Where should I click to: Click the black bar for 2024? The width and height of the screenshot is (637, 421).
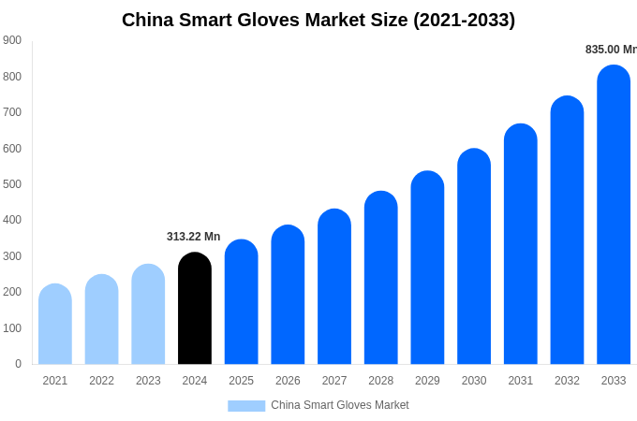(195, 309)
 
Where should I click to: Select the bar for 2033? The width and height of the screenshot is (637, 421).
(614, 215)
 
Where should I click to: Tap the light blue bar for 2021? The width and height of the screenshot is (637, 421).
(55, 325)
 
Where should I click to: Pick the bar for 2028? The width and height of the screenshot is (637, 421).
(380, 278)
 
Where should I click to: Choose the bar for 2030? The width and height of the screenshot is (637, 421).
(474, 256)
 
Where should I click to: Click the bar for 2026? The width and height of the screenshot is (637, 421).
(288, 295)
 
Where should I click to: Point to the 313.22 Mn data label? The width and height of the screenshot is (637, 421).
(193, 237)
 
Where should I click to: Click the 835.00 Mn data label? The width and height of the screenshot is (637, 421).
(610, 50)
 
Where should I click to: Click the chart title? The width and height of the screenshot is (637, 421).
(318, 20)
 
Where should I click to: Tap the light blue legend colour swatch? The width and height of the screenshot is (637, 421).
(246, 405)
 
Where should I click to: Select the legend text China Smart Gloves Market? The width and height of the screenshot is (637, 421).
(339, 405)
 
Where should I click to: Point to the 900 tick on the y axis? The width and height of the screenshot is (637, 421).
(12, 40)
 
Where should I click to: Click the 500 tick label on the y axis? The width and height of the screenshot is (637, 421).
(12, 184)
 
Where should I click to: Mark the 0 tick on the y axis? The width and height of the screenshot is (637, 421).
(18, 364)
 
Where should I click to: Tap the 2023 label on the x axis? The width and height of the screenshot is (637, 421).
(148, 381)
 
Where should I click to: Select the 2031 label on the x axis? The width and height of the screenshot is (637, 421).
(520, 381)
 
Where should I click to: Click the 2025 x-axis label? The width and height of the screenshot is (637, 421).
(241, 381)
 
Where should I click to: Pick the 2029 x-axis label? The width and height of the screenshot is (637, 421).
(427, 381)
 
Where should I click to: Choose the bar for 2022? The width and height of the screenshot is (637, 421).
(101, 320)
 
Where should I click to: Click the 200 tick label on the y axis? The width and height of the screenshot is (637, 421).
(12, 292)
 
